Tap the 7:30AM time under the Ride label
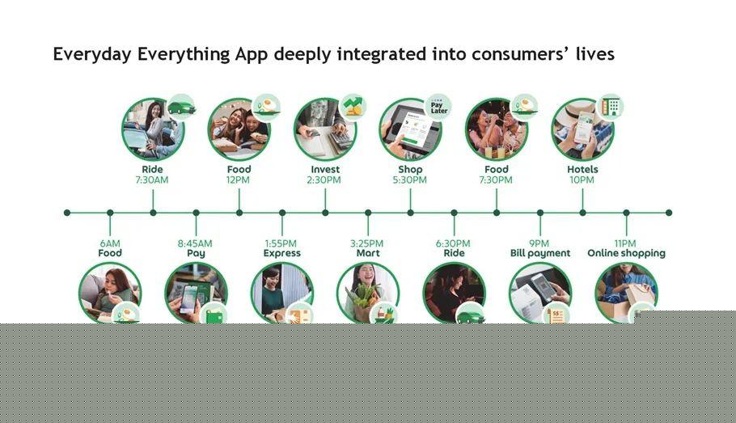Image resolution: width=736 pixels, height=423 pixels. click(x=151, y=180)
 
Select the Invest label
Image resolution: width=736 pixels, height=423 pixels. click(x=325, y=170)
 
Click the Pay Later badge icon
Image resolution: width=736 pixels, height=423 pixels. click(x=439, y=108)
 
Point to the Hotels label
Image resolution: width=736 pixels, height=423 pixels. click(x=582, y=170)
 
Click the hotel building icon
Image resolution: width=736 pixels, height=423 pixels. click(x=610, y=107)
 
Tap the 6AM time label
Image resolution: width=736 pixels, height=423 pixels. click(x=110, y=243)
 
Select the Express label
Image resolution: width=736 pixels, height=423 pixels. click(x=281, y=253)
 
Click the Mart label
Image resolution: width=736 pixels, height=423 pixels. click(x=368, y=253)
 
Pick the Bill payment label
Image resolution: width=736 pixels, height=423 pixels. click(x=539, y=253)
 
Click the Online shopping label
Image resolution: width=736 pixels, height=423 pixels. click(x=626, y=253)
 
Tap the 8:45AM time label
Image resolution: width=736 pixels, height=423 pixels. click(x=195, y=243)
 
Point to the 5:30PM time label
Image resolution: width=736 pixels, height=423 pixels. click(x=410, y=180)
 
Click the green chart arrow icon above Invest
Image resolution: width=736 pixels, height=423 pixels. click(x=353, y=107)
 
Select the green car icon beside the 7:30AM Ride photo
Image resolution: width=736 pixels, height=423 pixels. click(x=182, y=108)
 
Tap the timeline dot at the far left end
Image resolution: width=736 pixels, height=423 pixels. click(x=67, y=213)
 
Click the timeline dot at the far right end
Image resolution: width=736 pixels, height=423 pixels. click(x=669, y=213)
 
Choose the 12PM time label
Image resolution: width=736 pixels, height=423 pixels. click(x=238, y=180)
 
